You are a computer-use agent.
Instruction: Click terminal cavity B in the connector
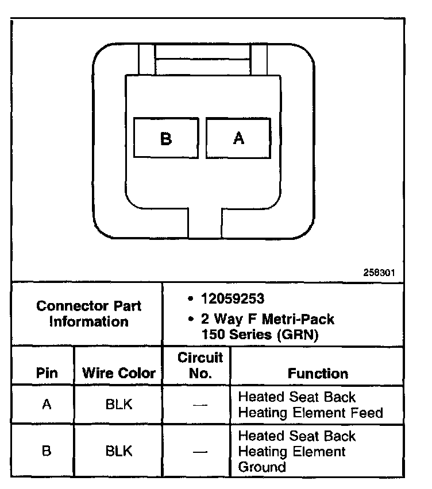pyautogui.click(x=166, y=138)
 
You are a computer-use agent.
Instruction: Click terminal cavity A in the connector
pyautogui.click(x=238, y=138)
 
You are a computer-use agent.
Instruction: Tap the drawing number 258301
pyautogui.click(x=379, y=273)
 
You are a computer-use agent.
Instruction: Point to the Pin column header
pyautogui.click(x=47, y=373)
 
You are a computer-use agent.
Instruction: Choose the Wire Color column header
pyautogui.click(x=119, y=373)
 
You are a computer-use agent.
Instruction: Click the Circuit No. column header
pyautogui.click(x=199, y=366)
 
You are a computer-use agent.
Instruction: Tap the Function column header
pyautogui.click(x=318, y=373)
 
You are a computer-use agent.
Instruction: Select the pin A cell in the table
pyautogui.click(x=47, y=404)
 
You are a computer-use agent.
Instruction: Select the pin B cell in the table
pyautogui.click(x=47, y=451)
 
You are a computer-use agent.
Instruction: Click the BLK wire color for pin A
pyautogui.click(x=119, y=404)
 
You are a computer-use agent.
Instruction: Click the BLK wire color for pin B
pyautogui.click(x=119, y=451)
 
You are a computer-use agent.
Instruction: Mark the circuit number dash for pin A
pyautogui.click(x=199, y=405)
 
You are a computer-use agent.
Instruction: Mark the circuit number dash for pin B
pyautogui.click(x=199, y=451)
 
